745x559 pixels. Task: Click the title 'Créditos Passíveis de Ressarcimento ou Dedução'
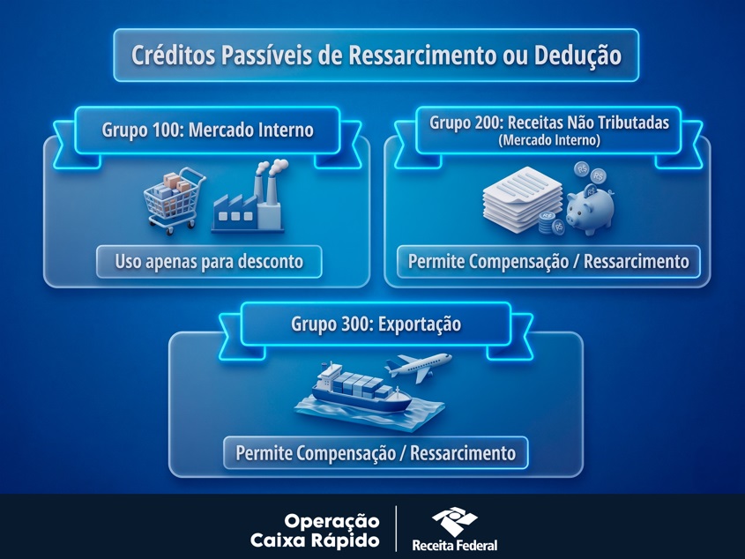(376, 56)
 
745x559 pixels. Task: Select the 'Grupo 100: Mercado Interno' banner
(207, 130)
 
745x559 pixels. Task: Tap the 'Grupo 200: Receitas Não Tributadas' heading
(548, 123)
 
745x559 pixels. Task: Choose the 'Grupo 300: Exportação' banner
(376, 324)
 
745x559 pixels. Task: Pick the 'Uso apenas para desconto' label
(209, 261)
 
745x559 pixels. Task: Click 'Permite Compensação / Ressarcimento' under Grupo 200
(548, 261)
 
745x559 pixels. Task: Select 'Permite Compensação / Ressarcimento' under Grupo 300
(376, 453)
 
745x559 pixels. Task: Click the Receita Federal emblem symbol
(454, 520)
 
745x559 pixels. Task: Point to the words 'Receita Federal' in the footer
(454, 545)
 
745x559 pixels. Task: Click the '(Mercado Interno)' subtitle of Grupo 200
(548, 140)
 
